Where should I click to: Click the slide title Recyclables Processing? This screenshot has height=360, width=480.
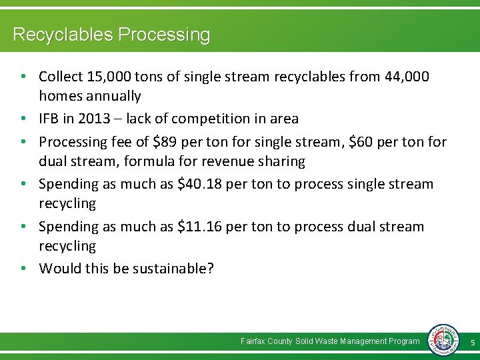(x=111, y=35)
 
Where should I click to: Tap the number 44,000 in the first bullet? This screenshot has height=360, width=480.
(x=407, y=77)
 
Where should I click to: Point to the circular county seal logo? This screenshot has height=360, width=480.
(x=443, y=340)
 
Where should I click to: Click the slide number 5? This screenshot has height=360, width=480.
(x=472, y=342)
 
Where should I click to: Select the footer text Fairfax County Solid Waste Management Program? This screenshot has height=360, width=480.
(x=330, y=341)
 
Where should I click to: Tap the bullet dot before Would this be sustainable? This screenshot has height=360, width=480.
(x=23, y=269)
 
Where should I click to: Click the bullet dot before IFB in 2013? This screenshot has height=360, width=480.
(x=23, y=119)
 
